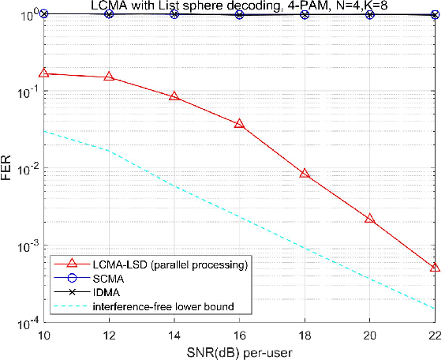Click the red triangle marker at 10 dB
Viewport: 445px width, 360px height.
tap(44, 73)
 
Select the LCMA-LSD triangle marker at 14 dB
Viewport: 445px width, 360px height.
tap(174, 96)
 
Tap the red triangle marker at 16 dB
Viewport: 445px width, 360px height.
tap(240, 124)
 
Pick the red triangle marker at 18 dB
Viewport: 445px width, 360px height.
tap(305, 174)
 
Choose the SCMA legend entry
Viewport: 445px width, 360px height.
tap(107, 278)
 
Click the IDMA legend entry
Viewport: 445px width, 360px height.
tap(106, 292)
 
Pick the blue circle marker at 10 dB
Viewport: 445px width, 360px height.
tap(44, 13)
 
